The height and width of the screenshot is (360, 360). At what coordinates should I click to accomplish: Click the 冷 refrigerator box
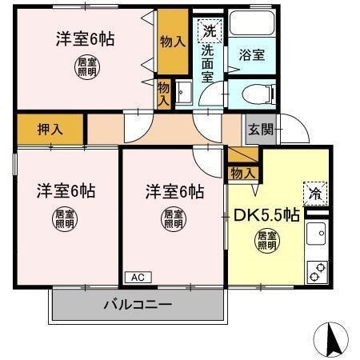pos(315,193)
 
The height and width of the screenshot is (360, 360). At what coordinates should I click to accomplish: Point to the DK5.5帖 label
pos(266,214)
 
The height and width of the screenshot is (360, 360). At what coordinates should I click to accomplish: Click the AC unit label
pos(137,277)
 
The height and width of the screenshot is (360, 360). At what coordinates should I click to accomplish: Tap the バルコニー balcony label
pos(138,305)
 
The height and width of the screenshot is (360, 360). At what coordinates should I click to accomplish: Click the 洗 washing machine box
pos(209,32)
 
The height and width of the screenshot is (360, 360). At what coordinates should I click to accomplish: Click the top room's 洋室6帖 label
pos(84,38)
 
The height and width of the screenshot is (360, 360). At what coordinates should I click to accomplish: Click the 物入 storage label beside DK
pos(242,172)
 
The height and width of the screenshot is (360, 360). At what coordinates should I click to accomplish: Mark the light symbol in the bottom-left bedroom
pos(65,218)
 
